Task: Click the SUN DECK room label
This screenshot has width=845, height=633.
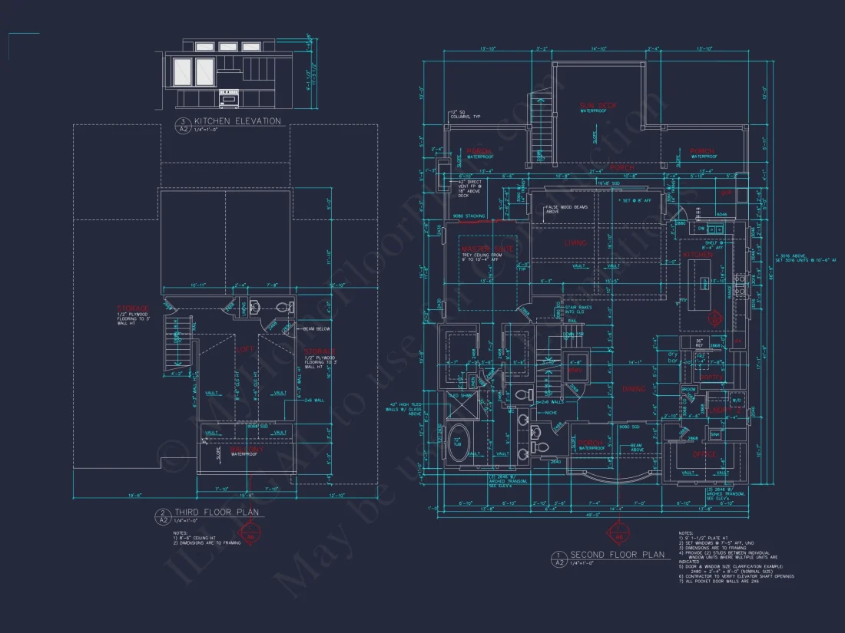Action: (x=598, y=105)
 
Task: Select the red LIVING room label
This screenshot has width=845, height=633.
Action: (x=575, y=243)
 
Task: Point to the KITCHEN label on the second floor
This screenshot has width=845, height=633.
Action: (x=698, y=254)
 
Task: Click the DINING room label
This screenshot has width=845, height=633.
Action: (x=634, y=389)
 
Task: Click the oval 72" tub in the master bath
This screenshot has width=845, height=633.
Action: (x=461, y=442)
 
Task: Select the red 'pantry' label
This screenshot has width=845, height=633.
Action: (x=711, y=377)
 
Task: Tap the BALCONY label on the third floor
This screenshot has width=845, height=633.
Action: (x=246, y=449)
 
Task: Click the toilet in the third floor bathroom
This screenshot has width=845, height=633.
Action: (x=281, y=308)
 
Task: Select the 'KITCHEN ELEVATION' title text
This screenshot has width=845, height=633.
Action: (x=237, y=121)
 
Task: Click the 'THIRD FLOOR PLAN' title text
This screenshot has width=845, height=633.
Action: (x=216, y=513)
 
